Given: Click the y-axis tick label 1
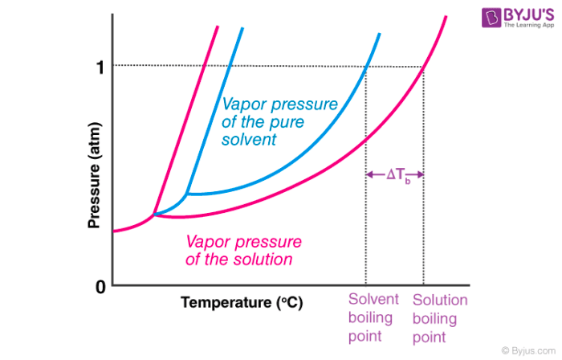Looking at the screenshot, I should coord(100,67).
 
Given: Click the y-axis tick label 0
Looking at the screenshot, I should coord(100,287).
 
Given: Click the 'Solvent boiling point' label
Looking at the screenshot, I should coord(373,317).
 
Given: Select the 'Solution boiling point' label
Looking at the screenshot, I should coord(440,317).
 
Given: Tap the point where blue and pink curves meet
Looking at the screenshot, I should coord(154,215).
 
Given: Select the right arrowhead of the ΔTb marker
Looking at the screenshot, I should coord(421,174).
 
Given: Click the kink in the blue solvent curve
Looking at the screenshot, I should coord(186,194).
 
